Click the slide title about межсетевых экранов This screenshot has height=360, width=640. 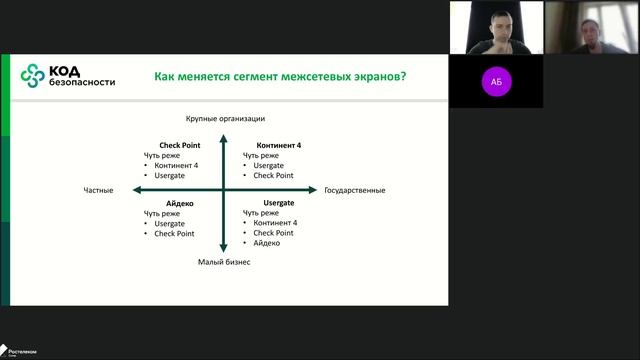pos(286,76)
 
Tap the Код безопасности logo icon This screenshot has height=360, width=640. pos(33,75)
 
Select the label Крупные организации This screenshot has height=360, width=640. pos(223,119)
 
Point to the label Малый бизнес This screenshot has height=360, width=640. pos(223,262)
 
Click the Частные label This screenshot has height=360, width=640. pos(98,190)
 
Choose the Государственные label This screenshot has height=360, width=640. pos(354,190)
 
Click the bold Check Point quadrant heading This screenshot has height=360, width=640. pos(180,145)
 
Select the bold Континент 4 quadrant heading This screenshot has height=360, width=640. pos(278,145)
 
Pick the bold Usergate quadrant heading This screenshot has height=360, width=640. pos(279,203)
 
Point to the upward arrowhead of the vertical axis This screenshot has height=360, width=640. pos(223,131)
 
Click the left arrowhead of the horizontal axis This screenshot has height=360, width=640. pos(134,190)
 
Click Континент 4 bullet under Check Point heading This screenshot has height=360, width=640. pos(176,165)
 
